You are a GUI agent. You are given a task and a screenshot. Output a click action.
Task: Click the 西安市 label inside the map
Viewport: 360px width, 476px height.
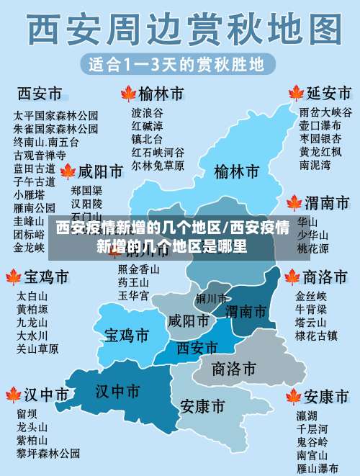[197, 348]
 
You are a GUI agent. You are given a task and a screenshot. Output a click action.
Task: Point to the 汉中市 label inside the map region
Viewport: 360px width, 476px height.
[117, 391]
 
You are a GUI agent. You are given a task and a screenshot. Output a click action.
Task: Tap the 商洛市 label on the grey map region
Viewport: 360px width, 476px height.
[234, 369]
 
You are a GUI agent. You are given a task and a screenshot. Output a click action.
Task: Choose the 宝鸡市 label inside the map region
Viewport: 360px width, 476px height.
[127, 335]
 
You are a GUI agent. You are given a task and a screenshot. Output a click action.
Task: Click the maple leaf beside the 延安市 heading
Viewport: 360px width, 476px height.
[295, 94]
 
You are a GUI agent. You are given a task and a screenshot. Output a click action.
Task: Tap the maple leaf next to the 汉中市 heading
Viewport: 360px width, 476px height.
[13, 395]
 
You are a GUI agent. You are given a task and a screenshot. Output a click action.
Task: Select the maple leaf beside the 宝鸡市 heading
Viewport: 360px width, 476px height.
[13, 277]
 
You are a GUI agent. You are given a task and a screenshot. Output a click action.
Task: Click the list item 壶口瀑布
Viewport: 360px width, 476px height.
[315, 125]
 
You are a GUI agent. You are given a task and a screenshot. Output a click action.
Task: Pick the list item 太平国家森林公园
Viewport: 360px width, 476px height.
[56, 115]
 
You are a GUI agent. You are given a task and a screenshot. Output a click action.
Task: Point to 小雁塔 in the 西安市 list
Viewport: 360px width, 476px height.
[30, 194]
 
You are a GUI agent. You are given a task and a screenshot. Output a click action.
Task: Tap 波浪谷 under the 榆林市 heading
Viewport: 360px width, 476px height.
[147, 112]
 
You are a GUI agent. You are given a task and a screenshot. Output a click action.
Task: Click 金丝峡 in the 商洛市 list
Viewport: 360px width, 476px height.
[311, 296]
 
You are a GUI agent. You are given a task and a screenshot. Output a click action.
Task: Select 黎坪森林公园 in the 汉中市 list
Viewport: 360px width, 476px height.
[48, 453]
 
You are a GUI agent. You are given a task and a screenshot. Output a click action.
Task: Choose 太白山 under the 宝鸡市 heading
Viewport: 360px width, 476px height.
[32, 296]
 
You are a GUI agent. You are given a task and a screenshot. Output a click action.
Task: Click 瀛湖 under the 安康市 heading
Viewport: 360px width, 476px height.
[307, 416]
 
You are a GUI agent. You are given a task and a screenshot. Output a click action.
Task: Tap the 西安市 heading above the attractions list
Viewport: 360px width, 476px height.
[39, 94]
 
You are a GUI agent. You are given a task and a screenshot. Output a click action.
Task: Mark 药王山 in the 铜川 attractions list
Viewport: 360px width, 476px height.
[133, 282]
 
